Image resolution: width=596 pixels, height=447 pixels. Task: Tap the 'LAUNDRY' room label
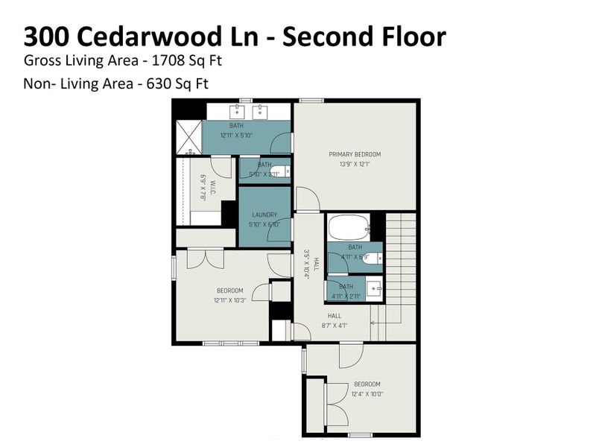264,216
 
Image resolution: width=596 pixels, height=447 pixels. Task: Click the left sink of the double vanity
238,112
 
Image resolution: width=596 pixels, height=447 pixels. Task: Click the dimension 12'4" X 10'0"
367,393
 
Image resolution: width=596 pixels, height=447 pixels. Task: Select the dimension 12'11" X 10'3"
230,299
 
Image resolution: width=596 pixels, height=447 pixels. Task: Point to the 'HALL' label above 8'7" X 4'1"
335,315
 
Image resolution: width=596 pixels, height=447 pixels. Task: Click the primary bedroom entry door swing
307,200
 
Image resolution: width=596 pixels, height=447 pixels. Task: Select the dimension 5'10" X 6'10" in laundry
264,224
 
